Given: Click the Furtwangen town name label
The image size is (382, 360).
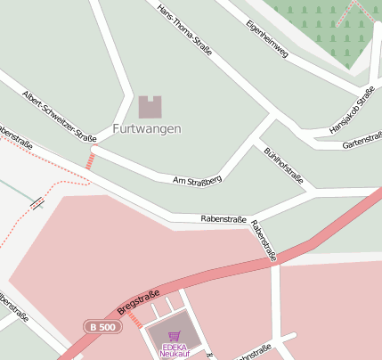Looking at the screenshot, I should point(147,128).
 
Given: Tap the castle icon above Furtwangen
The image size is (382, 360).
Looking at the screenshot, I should point(150,107).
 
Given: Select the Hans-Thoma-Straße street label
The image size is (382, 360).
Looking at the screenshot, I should point(184,30).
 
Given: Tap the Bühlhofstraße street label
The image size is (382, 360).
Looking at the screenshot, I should point(283,167).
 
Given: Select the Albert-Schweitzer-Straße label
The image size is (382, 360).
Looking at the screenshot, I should point(59,115).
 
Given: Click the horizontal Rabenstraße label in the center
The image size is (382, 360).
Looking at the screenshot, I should point(223,218).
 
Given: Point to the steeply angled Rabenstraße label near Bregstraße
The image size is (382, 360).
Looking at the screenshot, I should point(264,241).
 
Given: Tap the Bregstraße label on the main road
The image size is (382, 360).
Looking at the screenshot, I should point(138,301).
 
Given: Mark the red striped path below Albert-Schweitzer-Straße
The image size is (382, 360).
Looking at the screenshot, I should point(89,160).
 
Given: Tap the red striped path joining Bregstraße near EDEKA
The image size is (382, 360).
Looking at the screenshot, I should point(134,319).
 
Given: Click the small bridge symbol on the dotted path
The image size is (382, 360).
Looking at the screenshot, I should point(37,203).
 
